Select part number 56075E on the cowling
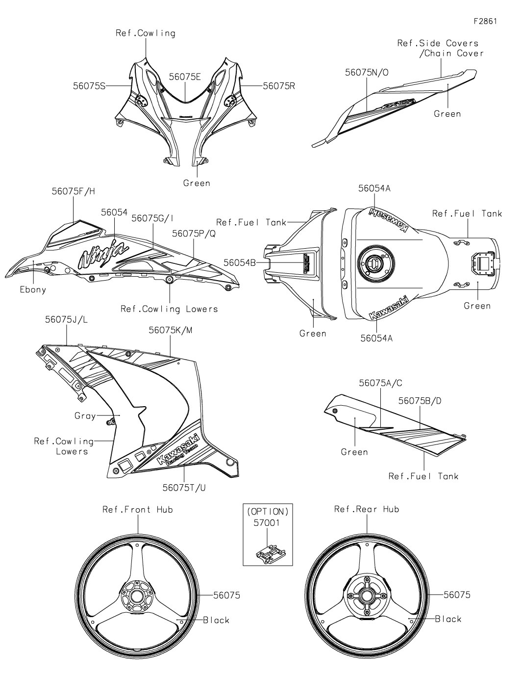185,77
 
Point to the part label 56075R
279,86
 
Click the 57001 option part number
267,523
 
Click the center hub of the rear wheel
366,597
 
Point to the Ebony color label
33,289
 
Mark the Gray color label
85,416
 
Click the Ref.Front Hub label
138,509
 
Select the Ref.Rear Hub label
367,509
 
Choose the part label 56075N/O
367,72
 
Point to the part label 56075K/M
171,330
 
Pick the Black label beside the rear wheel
448,619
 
